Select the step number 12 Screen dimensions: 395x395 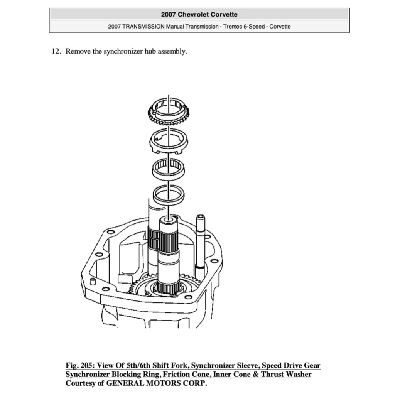[x=56, y=51]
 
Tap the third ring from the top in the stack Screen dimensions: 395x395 [x=169, y=168]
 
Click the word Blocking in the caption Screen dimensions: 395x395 [x=127, y=374]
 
